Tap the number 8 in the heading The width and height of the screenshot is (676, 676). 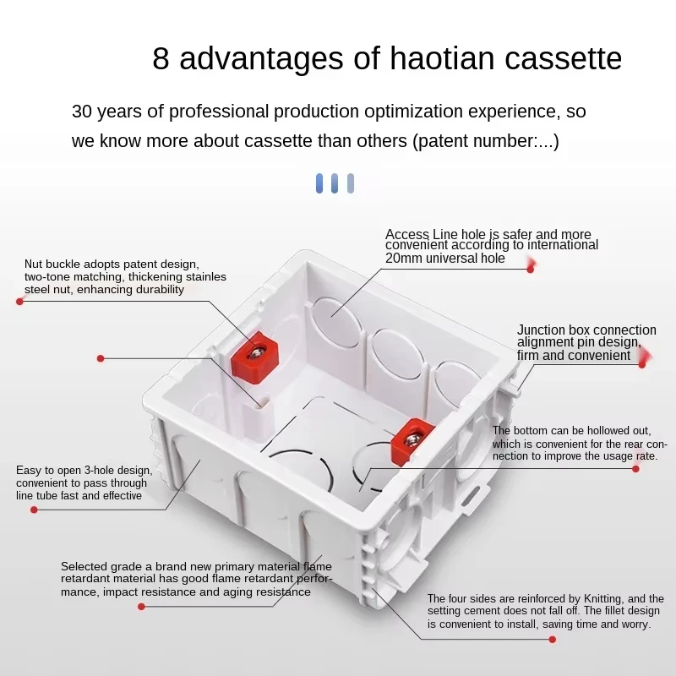161,58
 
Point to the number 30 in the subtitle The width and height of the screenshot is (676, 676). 83,112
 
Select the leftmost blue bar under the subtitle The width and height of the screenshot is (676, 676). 319,183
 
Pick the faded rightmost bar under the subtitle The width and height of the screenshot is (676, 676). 351,183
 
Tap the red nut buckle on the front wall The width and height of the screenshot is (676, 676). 410,436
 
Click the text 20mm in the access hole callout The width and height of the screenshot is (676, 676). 401,259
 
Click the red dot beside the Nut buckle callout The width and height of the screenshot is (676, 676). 19,301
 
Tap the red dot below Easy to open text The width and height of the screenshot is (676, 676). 34,510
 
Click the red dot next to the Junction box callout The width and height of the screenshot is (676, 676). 642,365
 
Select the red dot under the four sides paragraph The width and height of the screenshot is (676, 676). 553,640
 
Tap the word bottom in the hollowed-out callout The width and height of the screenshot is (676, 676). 532,431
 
